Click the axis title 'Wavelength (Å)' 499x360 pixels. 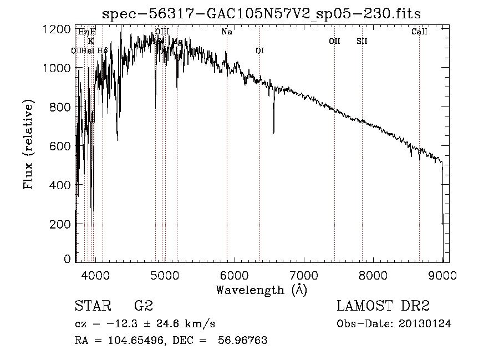[261, 290]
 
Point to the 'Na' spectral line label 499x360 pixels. [227, 32]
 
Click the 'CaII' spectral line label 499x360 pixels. [419, 32]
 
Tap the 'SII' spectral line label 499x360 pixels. [362, 41]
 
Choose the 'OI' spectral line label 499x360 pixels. [259, 50]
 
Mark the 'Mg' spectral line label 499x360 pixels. [177, 42]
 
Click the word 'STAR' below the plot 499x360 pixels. [93, 306]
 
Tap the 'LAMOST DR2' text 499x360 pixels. [383, 306]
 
